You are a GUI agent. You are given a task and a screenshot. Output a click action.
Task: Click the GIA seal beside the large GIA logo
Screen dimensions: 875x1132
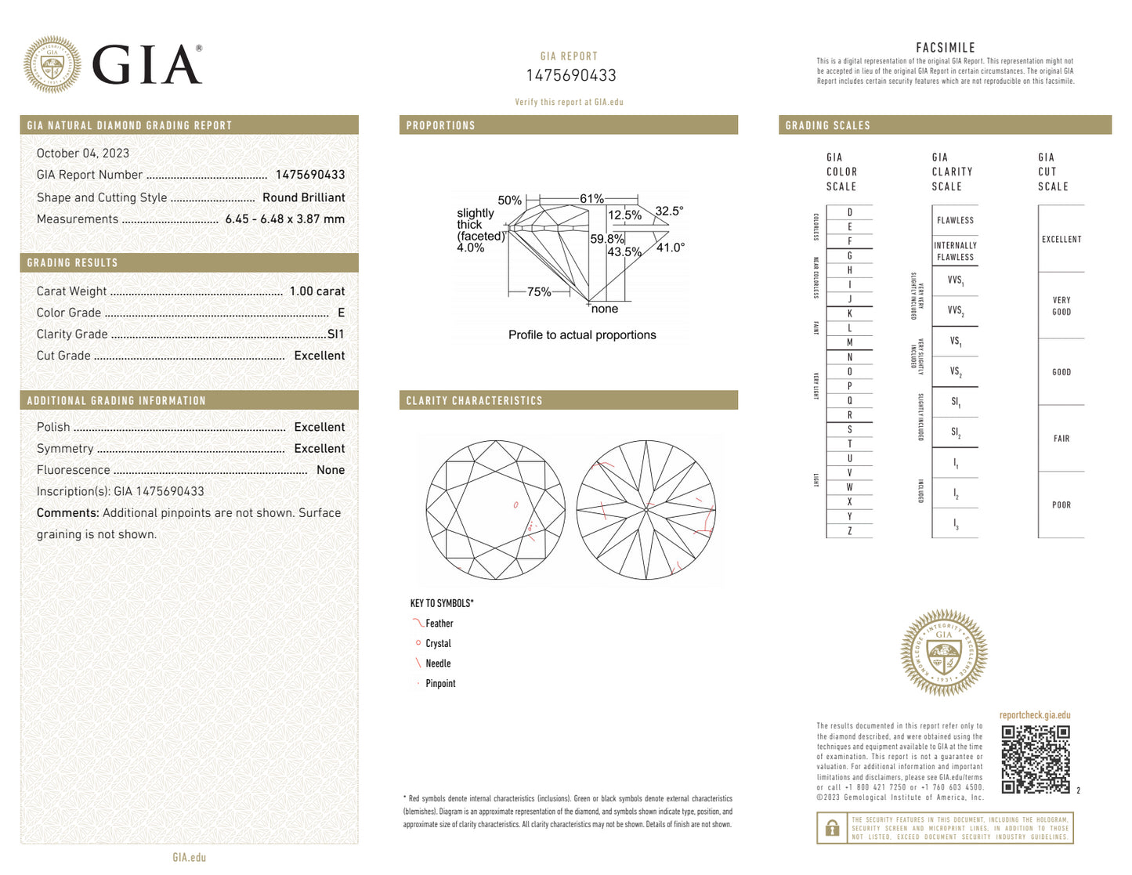pyautogui.click(x=52, y=64)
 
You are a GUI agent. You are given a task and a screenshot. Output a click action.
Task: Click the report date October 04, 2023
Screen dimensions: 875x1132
pyautogui.click(x=83, y=154)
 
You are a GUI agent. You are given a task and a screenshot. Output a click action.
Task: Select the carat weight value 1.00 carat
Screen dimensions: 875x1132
pyautogui.click(x=316, y=291)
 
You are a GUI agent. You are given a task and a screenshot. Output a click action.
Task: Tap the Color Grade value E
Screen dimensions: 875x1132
pyautogui.click(x=341, y=313)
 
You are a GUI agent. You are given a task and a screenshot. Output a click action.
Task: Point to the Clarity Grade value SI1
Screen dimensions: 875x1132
pyautogui.click(x=335, y=334)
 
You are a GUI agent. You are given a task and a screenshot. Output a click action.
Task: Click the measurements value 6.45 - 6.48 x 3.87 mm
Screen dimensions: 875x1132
pyautogui.click(x=284, y=219)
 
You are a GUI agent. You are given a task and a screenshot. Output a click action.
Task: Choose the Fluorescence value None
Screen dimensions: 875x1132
pyautogui.click(x=330, y=470)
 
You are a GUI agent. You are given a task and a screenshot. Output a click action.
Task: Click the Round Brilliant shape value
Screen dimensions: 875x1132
pyautogui.click(x=303, y=197)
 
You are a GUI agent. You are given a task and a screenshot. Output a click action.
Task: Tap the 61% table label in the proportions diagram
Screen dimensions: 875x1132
pyautogui.click(x=591, y=199)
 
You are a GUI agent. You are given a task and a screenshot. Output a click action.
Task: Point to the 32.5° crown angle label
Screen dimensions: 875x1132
pyautogui.click(x=669, y=211)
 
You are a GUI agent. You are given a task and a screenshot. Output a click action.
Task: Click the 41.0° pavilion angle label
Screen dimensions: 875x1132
pyautogui.click(x=670, y=248)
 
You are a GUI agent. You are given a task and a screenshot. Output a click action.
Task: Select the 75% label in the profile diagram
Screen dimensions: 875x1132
pyautogui.click(x=539, y=291)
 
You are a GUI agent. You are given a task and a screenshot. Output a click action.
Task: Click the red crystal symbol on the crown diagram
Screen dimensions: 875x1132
pyautogui.click(x=515, y=505)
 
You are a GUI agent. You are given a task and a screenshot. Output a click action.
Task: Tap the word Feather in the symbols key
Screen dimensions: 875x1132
pyautogui.click(x=439, y=624)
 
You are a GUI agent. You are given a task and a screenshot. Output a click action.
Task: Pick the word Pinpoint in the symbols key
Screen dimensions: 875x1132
pyautogui.click(x=440, y=684)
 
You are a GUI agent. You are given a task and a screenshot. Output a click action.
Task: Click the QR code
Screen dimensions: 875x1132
pyautogui.click(x=1035, y=759)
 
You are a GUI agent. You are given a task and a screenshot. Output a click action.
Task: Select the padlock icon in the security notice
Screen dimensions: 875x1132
pyautogui.click(x=832, y=827)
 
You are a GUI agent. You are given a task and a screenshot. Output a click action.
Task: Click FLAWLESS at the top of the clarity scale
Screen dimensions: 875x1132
pyautogui.click(x=955, y=221)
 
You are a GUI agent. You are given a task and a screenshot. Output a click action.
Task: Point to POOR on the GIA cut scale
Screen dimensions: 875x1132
pyautogui.click(x=1061, y=505)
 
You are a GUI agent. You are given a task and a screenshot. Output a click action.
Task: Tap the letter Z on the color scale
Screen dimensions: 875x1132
pyautogui.click(x=849, y=531)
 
